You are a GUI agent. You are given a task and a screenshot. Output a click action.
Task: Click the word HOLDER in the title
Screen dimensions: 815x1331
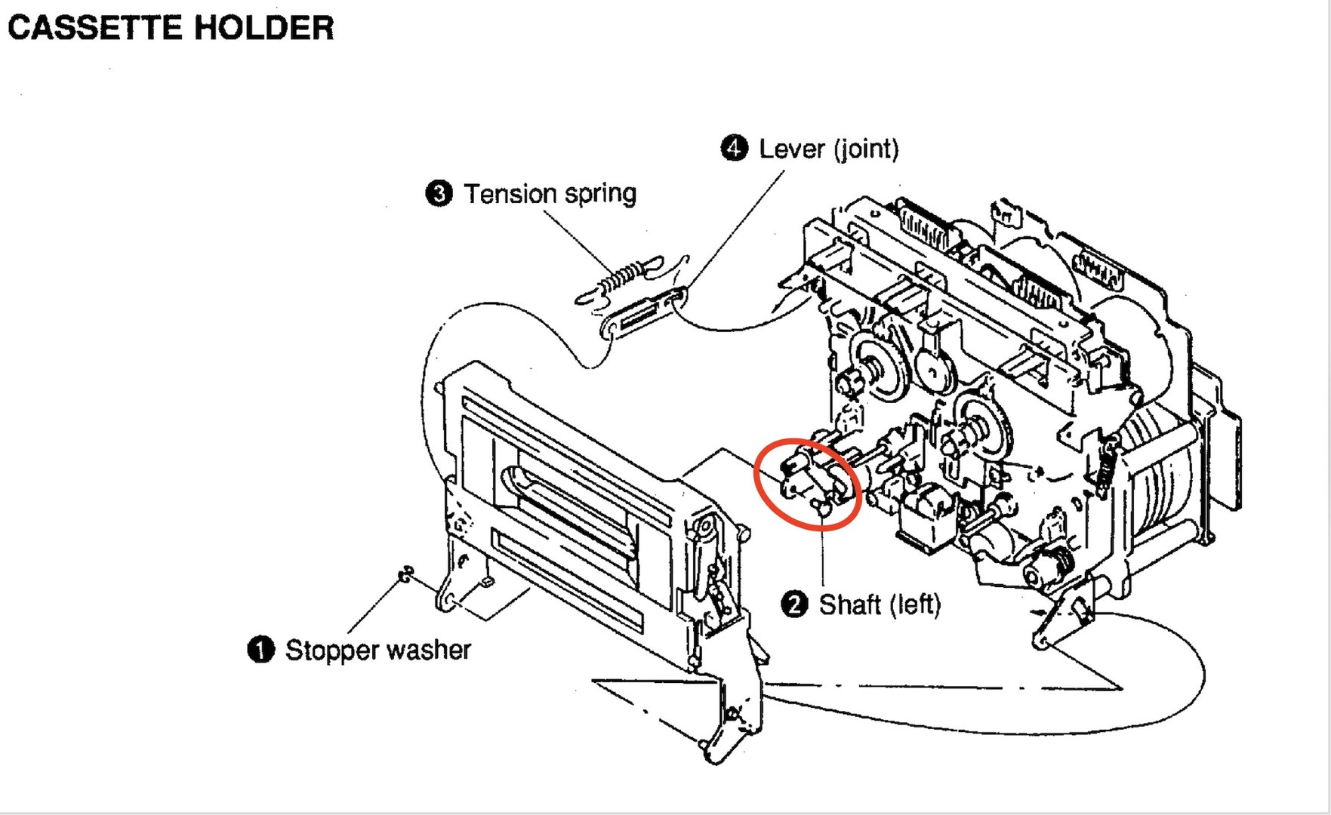point(263,28)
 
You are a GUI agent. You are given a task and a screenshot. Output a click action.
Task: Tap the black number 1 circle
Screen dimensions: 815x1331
point(261,649)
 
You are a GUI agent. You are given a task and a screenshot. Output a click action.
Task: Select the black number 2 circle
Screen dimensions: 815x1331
point(794,604)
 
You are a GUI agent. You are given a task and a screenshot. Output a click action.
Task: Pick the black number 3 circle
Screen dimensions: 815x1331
point(439,193)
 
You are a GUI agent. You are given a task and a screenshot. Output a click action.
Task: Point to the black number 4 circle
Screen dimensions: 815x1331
point(734,148)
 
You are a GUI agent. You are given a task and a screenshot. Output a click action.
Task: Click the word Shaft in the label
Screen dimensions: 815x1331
point(850,604)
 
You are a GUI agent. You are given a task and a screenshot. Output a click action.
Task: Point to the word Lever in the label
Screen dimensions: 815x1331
point(791,149)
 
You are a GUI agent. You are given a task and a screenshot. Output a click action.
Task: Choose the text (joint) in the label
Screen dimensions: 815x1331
point(866,149)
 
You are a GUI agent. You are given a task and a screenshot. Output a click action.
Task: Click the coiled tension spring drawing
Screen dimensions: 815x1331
point(621,277)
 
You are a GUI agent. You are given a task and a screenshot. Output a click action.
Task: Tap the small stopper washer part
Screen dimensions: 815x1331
point(405,575)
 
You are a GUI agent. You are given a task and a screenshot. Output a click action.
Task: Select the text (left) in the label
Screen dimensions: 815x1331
point(915,604)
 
